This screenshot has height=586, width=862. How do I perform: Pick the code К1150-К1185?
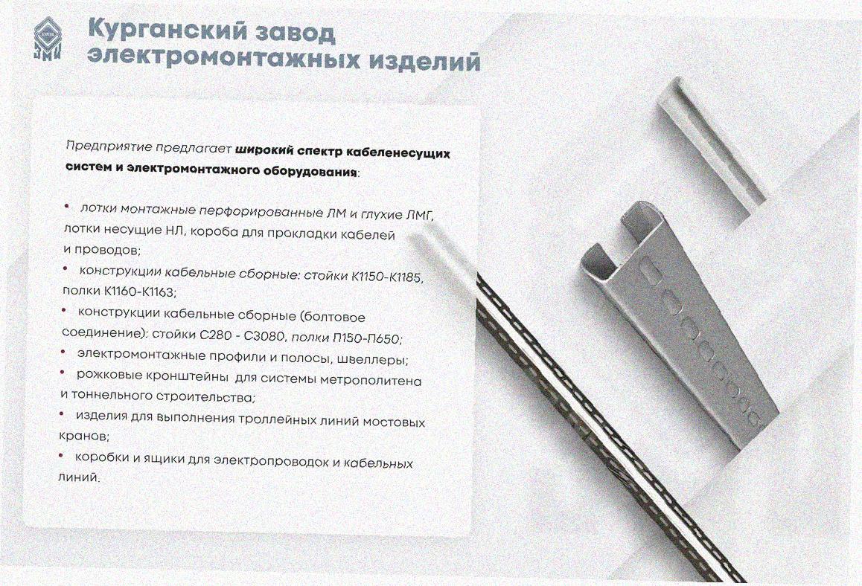386,276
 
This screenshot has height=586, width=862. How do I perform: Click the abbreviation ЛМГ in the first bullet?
419,213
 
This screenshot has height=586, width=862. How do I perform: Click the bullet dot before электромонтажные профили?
63,352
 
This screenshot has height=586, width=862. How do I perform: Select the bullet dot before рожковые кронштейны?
63,373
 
